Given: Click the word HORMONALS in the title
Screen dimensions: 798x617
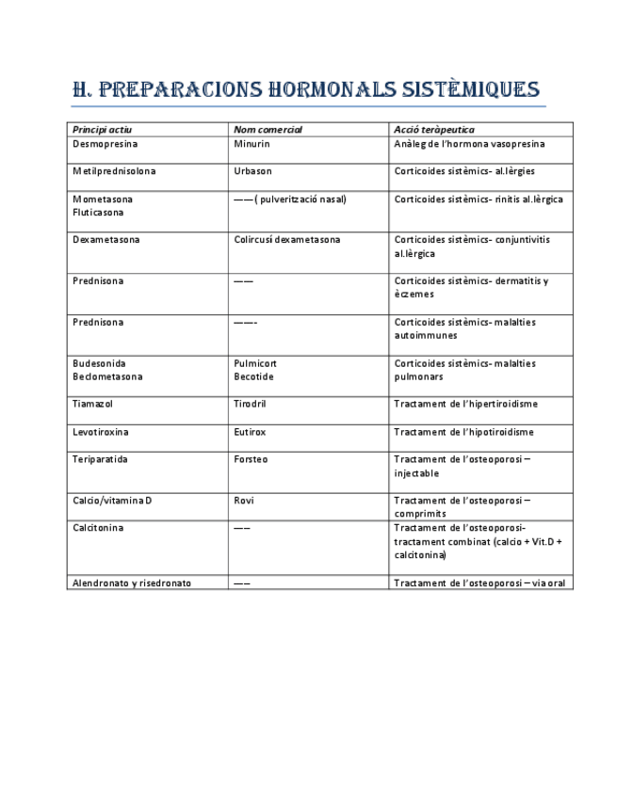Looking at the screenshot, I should [323, 90].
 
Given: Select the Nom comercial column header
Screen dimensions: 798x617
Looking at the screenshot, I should [268, 130].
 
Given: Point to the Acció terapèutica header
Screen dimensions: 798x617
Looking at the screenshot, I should [434, 130].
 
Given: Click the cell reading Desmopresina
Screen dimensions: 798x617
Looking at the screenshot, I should [105, 144].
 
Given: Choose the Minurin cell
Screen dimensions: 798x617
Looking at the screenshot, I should [252, 144].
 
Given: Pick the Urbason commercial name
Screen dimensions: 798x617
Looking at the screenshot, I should [252, 171].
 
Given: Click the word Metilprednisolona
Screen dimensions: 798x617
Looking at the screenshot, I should [114, 171].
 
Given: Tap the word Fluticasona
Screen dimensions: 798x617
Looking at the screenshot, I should [98, 213].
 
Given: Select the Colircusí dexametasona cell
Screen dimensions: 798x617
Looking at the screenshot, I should [287, 240].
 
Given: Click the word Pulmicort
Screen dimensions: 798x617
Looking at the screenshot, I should [255, 363].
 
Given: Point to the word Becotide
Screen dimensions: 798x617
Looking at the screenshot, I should [253, 376].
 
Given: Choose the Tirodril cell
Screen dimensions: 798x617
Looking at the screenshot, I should [252, 404].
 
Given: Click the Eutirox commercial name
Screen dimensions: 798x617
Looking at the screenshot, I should [250, 432].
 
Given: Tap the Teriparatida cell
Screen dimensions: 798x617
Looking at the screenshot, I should [100, 459].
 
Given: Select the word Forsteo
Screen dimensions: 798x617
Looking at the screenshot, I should [251, 459].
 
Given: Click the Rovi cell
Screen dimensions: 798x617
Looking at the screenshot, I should [244, 501].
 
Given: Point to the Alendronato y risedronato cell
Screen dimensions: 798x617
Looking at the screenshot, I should [132, 583].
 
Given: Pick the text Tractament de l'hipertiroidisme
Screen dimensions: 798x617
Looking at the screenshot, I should [465, 404].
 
